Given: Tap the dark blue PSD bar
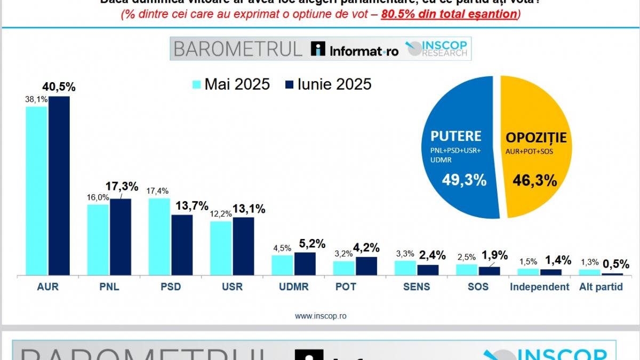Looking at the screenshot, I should tap(182, 245).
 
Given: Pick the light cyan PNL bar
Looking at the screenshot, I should tap(98, 239).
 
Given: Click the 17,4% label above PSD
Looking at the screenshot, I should tap(158, 190).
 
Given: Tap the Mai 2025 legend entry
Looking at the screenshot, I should tap(231, 84).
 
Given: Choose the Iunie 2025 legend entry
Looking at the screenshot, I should tap(328, 84).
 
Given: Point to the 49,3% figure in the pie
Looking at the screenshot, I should tap(464, 181).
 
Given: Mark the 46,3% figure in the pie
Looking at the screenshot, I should tap(535, 181).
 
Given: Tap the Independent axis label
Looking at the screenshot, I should tap(539, 287).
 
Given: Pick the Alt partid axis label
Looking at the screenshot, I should tap(601, 287).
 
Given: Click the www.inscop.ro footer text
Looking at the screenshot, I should tap(321, 316).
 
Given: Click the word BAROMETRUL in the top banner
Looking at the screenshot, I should tap(238, 49).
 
